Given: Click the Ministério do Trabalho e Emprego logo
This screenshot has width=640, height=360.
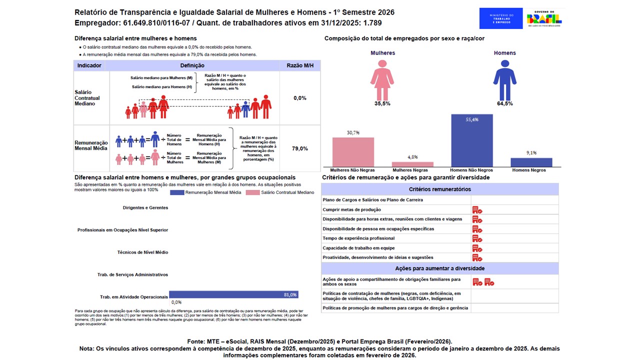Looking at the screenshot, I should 500,18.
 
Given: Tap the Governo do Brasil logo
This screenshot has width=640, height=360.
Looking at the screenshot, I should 544,18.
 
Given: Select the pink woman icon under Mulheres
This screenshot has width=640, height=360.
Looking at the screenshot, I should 382,80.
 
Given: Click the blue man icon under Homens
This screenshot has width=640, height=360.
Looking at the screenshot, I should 504,80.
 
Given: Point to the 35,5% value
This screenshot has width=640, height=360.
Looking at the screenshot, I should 382,103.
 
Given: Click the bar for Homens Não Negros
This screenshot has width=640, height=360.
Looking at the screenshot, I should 471,140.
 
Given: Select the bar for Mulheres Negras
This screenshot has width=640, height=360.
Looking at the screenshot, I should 412,164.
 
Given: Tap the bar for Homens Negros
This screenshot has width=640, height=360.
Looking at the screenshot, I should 531,162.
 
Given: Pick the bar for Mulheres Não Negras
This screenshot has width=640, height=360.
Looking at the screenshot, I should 353,152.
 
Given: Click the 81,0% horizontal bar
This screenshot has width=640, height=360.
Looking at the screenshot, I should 233,294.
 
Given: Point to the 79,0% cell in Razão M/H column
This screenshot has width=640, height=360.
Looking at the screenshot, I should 300,148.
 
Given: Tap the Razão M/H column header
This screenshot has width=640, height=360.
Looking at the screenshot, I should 300,65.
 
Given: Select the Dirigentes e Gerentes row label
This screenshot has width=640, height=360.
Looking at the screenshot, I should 145,207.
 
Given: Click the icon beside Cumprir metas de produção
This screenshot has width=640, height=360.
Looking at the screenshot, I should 477,210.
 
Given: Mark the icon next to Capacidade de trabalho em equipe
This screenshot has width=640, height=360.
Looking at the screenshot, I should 477,248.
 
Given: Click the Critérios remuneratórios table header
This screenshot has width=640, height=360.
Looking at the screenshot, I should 439,189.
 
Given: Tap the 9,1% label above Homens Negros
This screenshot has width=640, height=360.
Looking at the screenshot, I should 531,153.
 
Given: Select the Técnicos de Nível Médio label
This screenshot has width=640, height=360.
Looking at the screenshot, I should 142,252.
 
